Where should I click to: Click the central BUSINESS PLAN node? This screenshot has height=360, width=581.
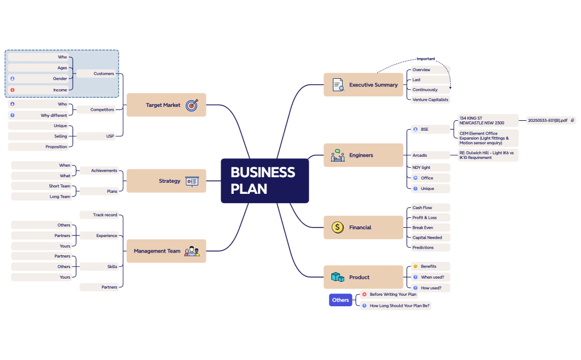(x=264, y=181)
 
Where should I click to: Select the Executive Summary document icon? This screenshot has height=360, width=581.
(x=338, y=85)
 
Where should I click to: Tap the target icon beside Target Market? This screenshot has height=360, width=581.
(x=192, y=105)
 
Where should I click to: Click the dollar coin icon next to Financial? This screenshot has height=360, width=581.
(x=337, y=227)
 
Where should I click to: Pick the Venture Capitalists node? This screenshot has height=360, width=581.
(x=430, y=100)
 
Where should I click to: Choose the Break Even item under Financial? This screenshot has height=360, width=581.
(x=423, y=228)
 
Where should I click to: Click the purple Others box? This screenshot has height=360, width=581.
(x=341, y=300)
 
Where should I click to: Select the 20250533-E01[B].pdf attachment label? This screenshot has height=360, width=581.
(x=548, y=120)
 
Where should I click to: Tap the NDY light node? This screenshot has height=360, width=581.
(x=421, y=167)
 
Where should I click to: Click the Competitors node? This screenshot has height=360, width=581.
(x=102, y=110)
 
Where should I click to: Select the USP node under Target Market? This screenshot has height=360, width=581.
(x=110, y=136)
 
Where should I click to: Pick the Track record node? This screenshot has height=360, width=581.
(x=105, y=215)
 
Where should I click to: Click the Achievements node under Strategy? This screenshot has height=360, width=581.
(x=104, y=171)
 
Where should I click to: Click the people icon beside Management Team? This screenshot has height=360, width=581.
(x=192, y=251)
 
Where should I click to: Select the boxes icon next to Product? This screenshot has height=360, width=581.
(x=337, y=277)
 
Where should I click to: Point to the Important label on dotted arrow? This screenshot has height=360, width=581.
(x=426, y=59)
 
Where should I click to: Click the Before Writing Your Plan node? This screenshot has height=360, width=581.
(x=392, y=295)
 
